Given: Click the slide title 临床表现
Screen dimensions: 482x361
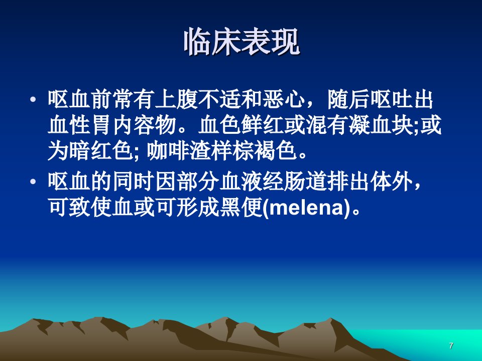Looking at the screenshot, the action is pos(242,42).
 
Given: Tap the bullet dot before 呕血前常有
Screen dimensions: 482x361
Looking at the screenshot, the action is pos(33,100).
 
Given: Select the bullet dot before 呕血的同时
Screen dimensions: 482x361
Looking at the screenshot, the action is pos(33,182).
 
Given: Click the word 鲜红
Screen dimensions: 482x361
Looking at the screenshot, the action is pos(263,125).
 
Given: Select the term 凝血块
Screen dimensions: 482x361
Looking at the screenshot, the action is pos(381,125).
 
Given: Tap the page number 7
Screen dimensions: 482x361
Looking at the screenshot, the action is pos(451,345).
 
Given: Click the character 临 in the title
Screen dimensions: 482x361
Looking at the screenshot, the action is pos(198,42).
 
